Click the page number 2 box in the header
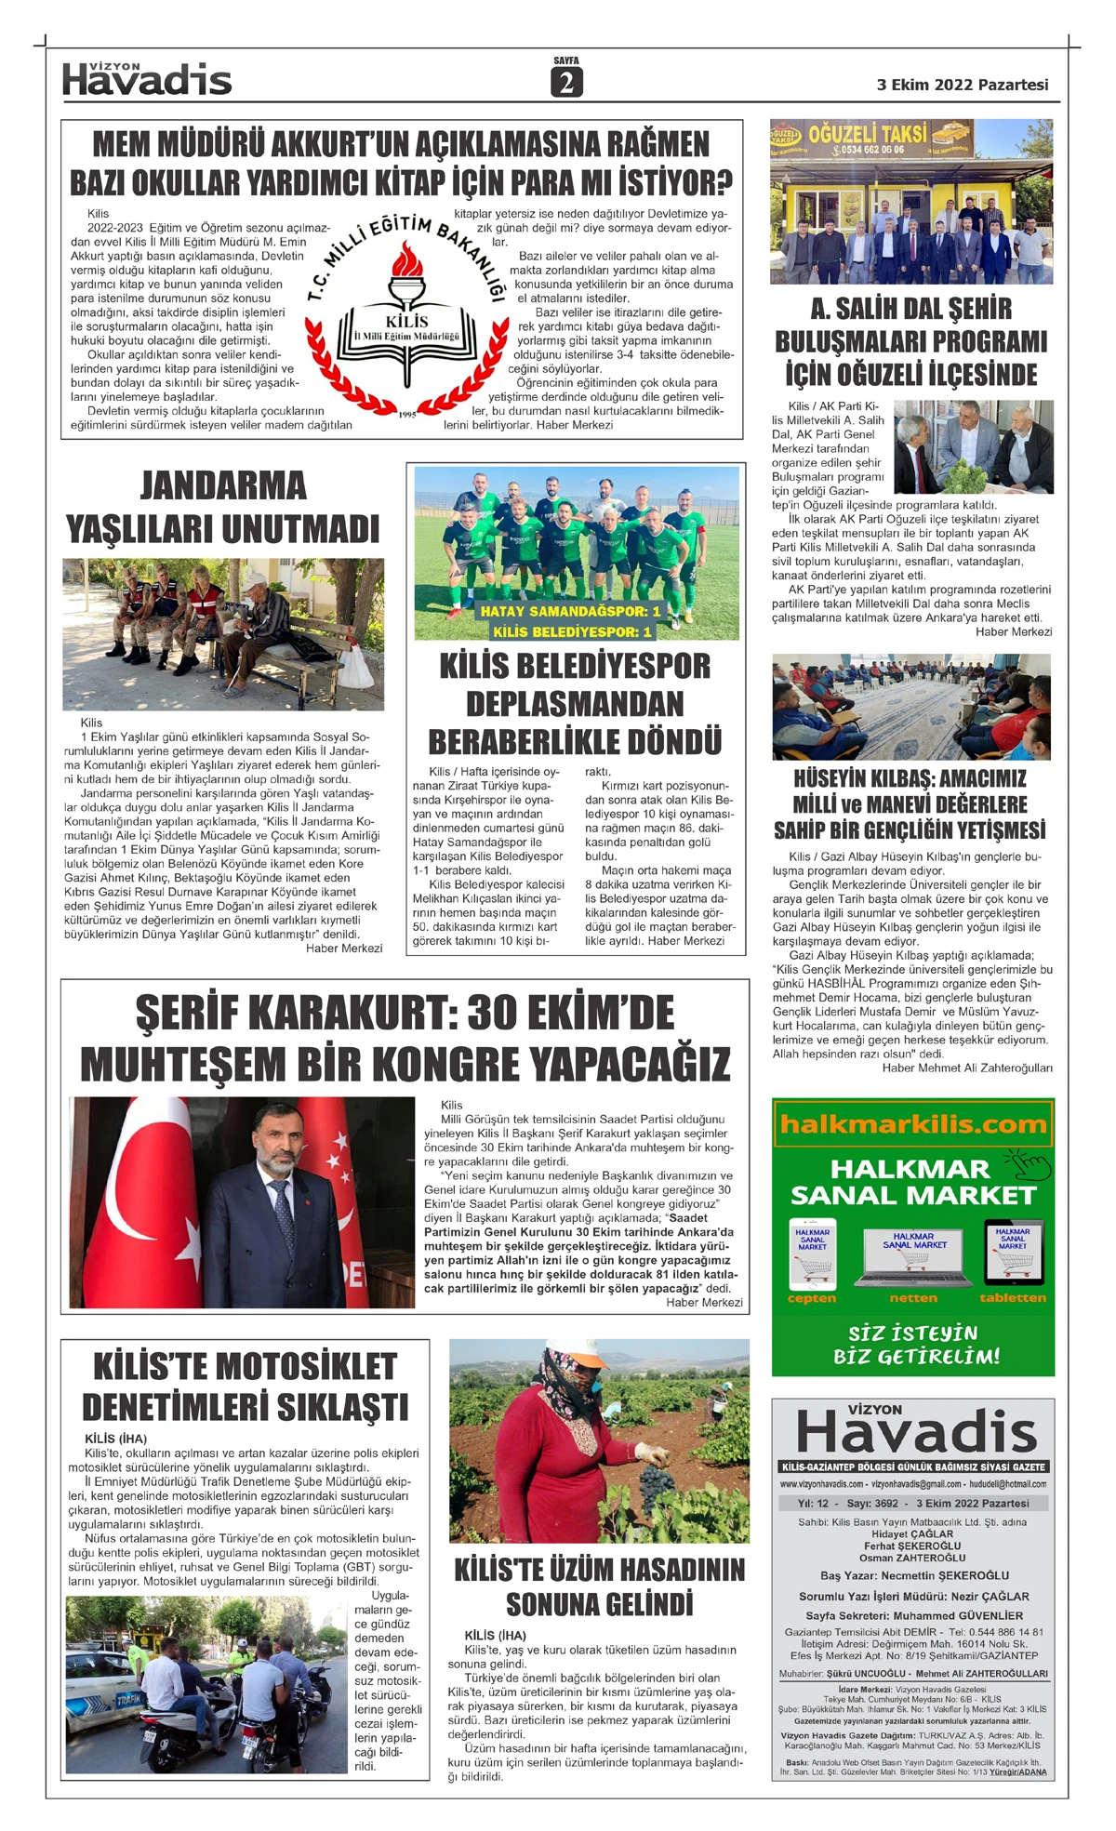[x=565, y=83]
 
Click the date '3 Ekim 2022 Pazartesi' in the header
[x=962, y=85]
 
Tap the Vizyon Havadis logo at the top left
[x=147, y=80]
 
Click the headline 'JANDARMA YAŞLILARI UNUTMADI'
[x=223, y=507]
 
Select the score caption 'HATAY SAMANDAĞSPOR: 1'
[x=570, y=611]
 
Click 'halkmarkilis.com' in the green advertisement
[x=912, y=1124]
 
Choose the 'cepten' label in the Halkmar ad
[x=812, y=1298]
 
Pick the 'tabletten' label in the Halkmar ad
[x=1013, y=1298]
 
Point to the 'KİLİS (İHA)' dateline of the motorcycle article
[x=115, y=1439]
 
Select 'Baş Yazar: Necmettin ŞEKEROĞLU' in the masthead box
[x=914, y=1576]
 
